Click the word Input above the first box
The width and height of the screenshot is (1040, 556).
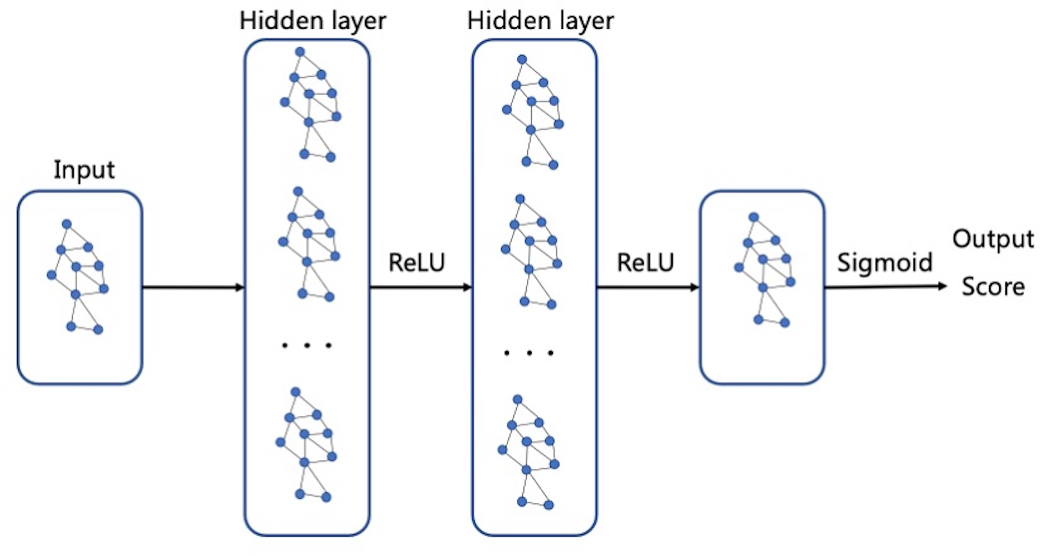point(84,170)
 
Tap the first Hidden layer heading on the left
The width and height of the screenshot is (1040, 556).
point(313,21)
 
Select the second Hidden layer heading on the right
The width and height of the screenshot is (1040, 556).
point(540,21)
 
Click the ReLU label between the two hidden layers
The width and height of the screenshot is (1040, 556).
point(416,263)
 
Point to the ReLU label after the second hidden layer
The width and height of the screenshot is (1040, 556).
point(645,263)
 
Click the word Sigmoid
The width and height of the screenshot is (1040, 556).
point(885,263)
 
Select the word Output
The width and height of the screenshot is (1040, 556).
point(993,239)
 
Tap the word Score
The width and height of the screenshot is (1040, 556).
point(993,287)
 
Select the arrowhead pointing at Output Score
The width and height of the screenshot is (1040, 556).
point(942,286)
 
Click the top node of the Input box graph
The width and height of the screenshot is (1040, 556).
point(67,224)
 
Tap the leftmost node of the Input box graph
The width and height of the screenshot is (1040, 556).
point(52,274)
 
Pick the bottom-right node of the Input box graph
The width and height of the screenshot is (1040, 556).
point(98,330)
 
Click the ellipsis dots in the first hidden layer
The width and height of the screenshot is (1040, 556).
point(307,345)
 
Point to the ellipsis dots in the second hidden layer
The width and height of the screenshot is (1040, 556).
point(529,353)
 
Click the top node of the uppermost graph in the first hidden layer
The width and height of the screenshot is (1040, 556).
point(300,52)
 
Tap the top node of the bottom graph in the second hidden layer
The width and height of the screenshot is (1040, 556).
point(518,399)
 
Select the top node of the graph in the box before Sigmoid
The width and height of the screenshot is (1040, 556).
point(754,217)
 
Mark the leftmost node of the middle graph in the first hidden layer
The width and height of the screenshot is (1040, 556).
point(283,242)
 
